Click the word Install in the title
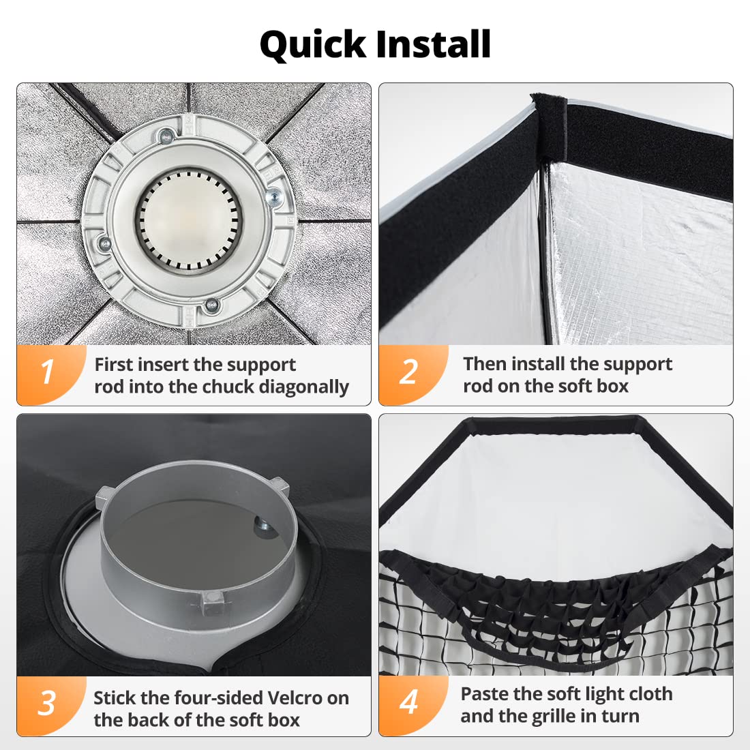[x=434, y=44]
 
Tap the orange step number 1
[x=47, y=372]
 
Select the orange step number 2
[x=409, y=372]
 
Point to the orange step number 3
[x=47, y=703]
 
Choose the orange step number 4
[x=409, y=702]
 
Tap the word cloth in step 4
[x=649, y=694]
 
